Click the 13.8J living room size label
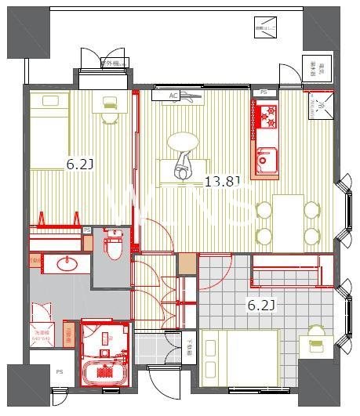point(222,183)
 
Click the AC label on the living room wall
point(174,96)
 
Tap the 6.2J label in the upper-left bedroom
point(79,165)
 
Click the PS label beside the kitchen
point(264,92)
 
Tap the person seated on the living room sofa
point(184,167)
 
